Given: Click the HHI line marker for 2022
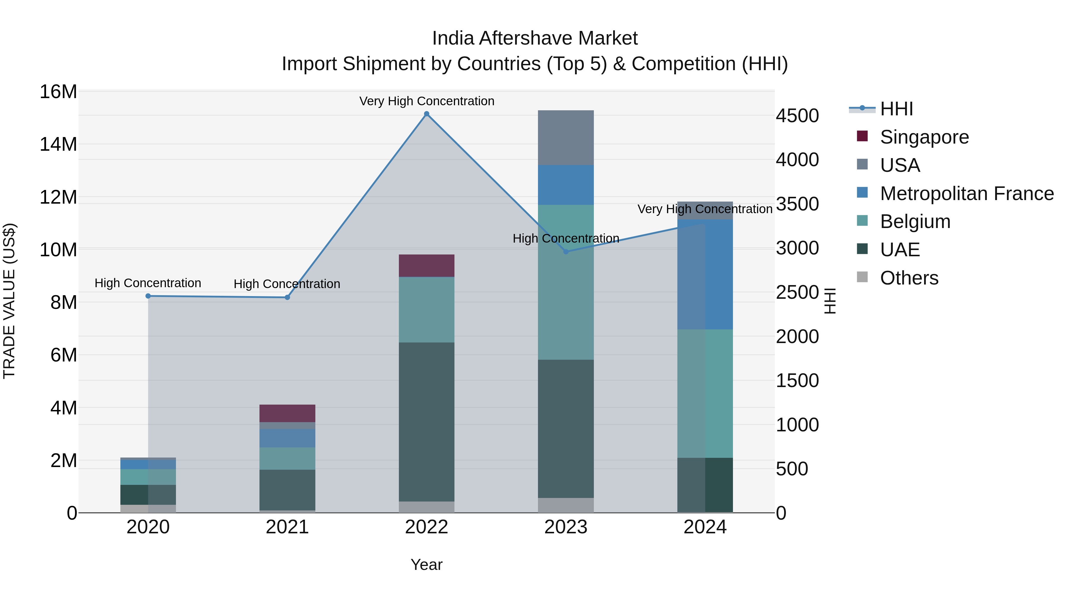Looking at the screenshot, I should coord(427,114).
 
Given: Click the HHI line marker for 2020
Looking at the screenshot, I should coord(148,296).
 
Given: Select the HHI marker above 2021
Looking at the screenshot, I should coord(287,298).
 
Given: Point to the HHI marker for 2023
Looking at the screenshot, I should coord(566,252).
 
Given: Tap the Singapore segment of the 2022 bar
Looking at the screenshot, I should coord(427,265).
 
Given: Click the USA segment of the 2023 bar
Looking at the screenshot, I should coord(566,138).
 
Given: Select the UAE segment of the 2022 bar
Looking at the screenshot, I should coord(427,422).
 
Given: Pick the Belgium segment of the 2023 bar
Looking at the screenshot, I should coord(566,282).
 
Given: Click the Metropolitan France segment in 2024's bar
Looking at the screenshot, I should coord(705,274).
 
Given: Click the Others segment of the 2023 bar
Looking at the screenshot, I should coord(566,505).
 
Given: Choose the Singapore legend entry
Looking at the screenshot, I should coord(924,137).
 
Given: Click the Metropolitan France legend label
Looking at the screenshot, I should coord(967,194).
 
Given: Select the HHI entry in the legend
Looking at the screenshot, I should coord(896,109).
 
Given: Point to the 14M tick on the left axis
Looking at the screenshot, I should coord(58,144).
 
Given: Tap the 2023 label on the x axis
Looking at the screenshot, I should coord(566,527).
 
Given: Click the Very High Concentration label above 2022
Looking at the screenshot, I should coord(427,101).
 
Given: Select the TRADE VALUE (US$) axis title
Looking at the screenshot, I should coord(9,301).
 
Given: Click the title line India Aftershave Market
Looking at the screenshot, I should coord(535,38).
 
